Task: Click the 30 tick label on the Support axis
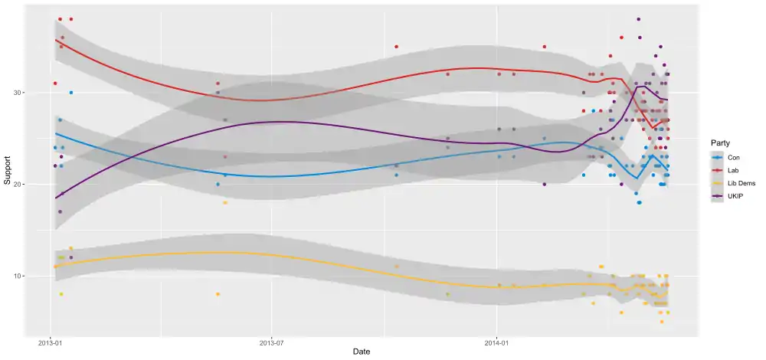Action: point(24,93)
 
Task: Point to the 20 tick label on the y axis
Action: point(24,185)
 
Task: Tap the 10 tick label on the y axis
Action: point(24,276)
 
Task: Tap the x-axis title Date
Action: point(362,352)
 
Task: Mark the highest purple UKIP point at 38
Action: point(639,19)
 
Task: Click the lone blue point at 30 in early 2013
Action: point(71,93)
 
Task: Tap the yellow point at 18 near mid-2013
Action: point(225,202)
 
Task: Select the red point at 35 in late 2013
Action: point(396,47)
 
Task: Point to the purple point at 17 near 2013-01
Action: point(60,211)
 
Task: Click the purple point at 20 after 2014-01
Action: point(545,184)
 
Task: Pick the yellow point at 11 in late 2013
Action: point(396,267)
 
